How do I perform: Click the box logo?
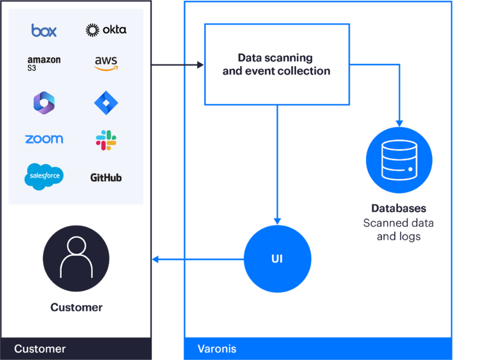point(44,30)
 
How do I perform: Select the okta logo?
point(106,30)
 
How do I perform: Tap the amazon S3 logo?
point(44,63)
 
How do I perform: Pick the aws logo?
point(106,63)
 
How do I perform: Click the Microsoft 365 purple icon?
point(44,102)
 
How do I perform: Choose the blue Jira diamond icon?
point(106,103)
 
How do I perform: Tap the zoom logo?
point(44,139)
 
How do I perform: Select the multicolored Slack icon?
point(106,140)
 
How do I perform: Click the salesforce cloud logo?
point(44,176)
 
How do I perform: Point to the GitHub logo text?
point(106,178)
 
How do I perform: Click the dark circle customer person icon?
point(76,258)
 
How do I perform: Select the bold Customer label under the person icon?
point(76,307)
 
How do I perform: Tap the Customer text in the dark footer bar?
point(40,349)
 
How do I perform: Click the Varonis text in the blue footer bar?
point(217,349)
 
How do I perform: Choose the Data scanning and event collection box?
point(277,64)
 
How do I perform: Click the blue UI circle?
point(277,259)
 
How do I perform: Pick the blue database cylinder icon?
point(399,160)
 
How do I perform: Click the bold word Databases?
point(398,208)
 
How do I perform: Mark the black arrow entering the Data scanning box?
point(178,65)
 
